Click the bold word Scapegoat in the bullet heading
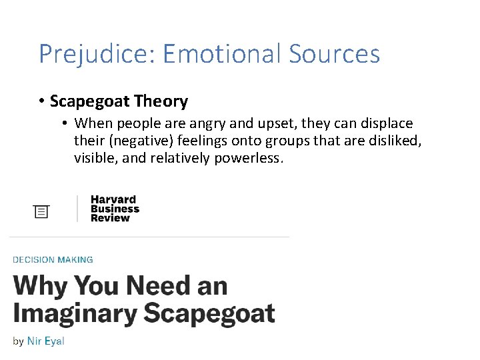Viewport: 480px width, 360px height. (89, 101)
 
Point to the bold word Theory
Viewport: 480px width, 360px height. (161, 101)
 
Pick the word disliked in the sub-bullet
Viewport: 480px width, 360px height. (396, 141)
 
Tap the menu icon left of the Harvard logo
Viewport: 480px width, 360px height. (42, 211)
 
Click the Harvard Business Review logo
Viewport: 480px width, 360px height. (115, 209)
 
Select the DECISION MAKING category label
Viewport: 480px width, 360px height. (53, 260)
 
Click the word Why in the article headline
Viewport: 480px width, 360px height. (40, 287)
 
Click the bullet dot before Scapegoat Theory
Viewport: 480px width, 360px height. (41, 101)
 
